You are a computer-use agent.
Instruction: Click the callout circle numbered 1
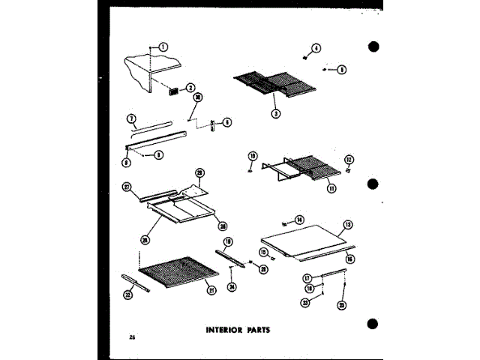(x=164, y=46)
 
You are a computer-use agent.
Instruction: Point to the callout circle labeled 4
(x=316, y=49)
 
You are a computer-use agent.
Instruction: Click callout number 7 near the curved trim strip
(x=130, y=118)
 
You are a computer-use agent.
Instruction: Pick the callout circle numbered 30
(x=198, y=97)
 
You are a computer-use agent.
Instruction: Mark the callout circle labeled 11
(x=331, y=187)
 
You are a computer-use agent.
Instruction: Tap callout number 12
(x=348, y=159)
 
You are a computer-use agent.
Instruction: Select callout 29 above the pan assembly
(x=199, y=172)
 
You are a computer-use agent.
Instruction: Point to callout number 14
(x=300, y=220)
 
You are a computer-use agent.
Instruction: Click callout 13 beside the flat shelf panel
(x=348, y=224)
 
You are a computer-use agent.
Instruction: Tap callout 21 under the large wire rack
(x=212, y=290)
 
